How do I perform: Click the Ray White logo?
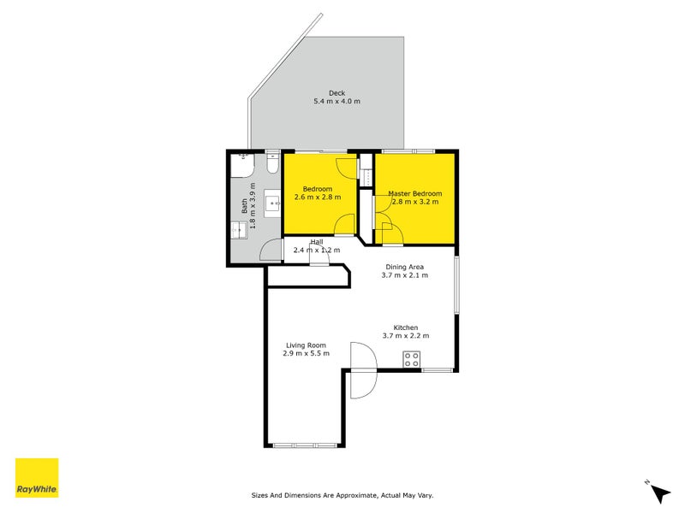click(x=37, y=478)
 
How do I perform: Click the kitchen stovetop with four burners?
click(x=412, y=359)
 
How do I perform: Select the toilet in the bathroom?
click(x=272, y=160)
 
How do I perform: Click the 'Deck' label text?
click(x=337, y=93)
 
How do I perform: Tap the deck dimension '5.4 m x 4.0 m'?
click(x=337, y=102)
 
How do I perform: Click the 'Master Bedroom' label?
click(x=415, y=193)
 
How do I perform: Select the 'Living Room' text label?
click(x=307, y=345)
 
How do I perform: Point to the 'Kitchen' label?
click(x=405, y=327)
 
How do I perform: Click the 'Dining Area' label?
click(x=405, y=266)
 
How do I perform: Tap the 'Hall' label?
click(x=316, y=242)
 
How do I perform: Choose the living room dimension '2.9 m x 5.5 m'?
click(x=307, y=353)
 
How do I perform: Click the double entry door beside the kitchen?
click(x=362, y=384)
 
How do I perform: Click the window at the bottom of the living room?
click(x=306, y=445)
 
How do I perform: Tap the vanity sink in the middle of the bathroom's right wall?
click(x=273, y=203)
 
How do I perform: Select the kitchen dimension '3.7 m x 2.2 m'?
click(x=405, y=336)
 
